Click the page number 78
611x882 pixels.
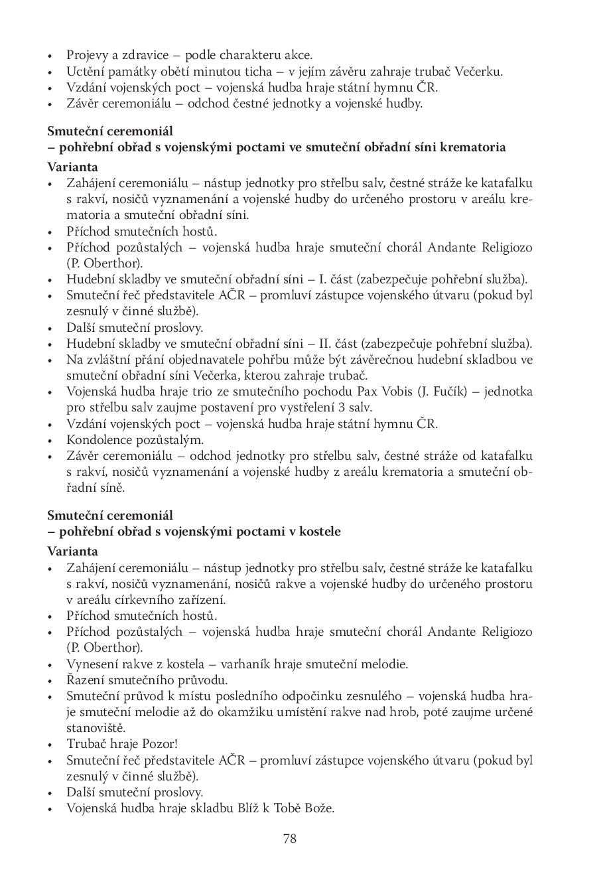[290, 838]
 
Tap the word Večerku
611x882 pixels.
[479, 72]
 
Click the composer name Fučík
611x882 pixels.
[450, 392]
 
